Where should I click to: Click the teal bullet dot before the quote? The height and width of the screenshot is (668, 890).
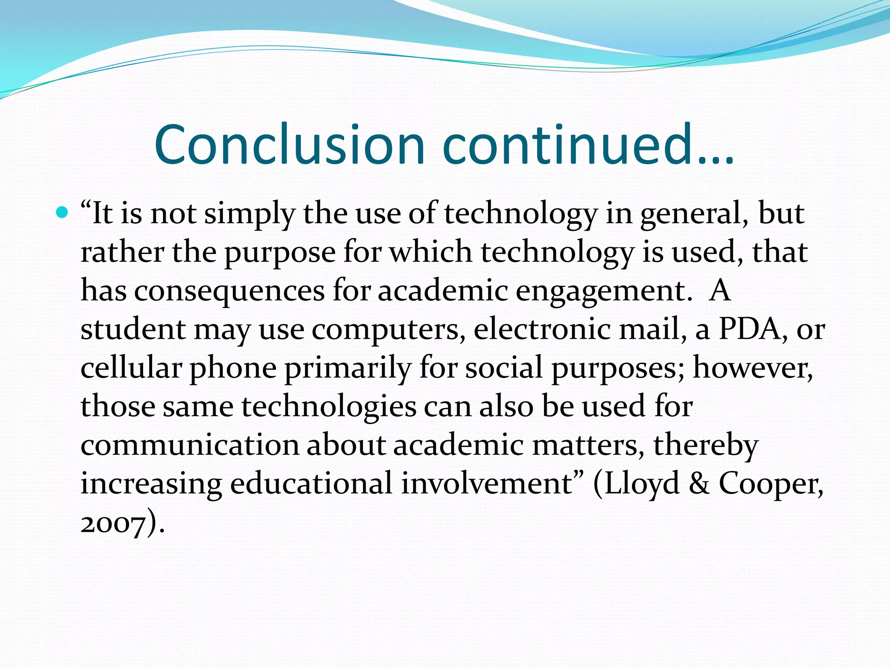coord(63,213)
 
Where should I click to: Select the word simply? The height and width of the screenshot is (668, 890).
coord(249,214)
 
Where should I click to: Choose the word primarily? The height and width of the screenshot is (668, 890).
coord(347,368)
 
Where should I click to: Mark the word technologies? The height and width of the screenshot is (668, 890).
coord(329,407)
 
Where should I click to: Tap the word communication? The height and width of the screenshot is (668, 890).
coord(189,445)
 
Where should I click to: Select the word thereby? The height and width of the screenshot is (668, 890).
coord(706,446)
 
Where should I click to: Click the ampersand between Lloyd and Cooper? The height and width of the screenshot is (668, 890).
coord(699,484)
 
